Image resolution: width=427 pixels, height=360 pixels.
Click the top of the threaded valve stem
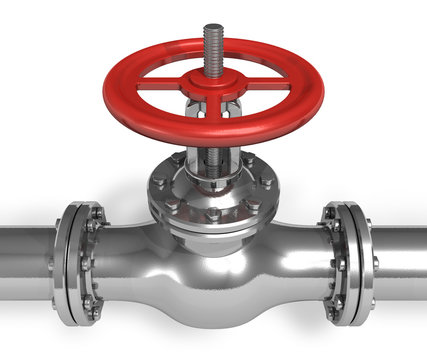(x=212, y=28)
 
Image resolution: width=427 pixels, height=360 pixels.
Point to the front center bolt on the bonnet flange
(x=212, y=214)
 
